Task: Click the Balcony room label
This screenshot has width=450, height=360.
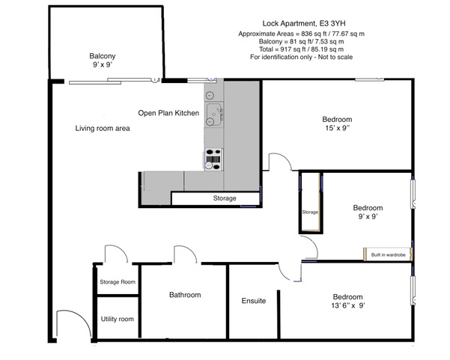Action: pyautogui.click(x=102, y=56)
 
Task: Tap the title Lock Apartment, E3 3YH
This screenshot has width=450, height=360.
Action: pyautogui.click(x=304, y=23)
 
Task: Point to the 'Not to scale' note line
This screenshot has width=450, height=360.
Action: pyautogui.click(x=301, y=57)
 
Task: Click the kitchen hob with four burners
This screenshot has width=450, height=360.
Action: pyautogui.click(x=214, y=159)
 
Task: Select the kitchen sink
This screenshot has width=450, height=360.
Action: pyautogui.click(x=214, y=115)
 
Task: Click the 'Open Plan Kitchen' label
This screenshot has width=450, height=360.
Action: pyautogui.click(x=168, y=113)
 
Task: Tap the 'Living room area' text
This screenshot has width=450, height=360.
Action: pyautogui.click(x=103, y=128)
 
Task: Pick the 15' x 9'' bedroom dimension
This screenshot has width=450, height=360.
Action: pyautogui.click(x=337, y=128)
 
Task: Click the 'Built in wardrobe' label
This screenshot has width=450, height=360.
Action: pyautogui.click(x=389, y=254)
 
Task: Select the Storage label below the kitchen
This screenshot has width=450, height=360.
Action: pyautogui.click(x=225, y=198)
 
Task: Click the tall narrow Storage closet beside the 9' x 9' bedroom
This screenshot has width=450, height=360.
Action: pyautogui.click(x=310, y=202)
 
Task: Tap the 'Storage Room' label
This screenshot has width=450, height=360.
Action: pyautogui.click(x=118, y=282)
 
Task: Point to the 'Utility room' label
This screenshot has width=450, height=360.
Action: pyautogui.click(x=117, y=319)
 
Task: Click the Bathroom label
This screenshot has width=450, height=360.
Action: pyautogui.click(x=185, y=295)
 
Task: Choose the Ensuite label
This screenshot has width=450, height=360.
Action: pyautogui.click(x=254, y=301)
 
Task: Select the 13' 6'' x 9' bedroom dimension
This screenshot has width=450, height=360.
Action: pyautogui.click(x=348, y=305)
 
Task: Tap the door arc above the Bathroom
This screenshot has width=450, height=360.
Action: pyautogui.click(x=190, y=250)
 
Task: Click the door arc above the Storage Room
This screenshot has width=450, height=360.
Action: pyautogui.click(x=121, y=249)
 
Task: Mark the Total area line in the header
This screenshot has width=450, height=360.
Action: pyautogui.click(x=301, y=49)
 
